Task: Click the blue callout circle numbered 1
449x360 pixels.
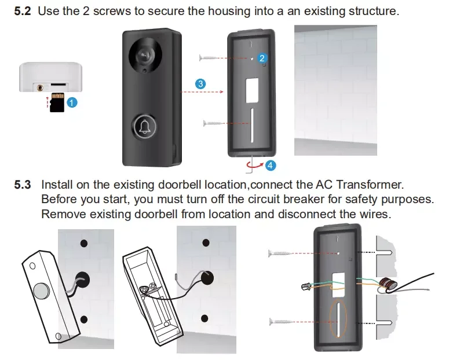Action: point(71,102)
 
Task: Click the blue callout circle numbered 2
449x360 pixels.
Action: point(262,58)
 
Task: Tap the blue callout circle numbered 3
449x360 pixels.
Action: point(200,84)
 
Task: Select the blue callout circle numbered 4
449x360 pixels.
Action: point(270,165)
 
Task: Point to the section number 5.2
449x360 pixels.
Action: point(23,11)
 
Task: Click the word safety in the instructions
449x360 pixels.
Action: point(352,199)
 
